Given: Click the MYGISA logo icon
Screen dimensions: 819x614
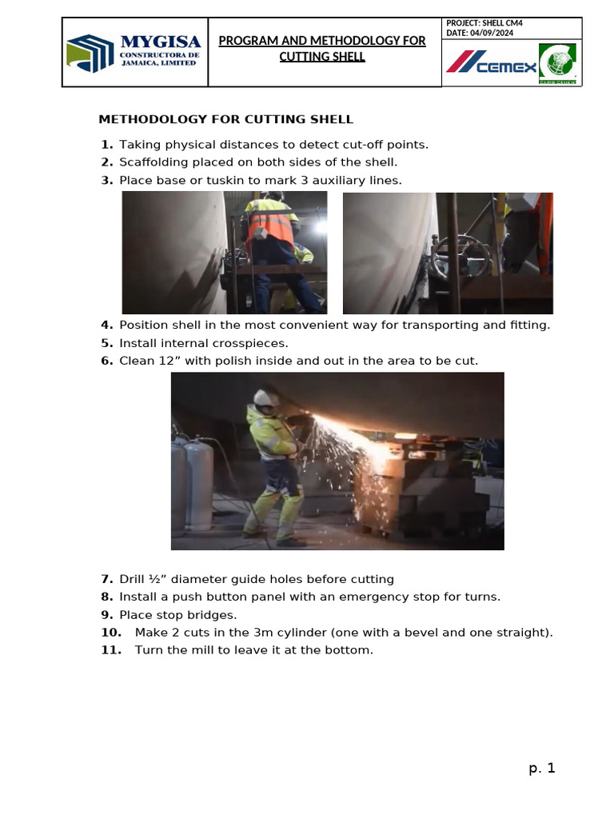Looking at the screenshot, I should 90,53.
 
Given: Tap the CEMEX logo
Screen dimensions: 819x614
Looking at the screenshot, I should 492,62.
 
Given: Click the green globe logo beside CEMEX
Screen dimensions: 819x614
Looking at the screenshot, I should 557,62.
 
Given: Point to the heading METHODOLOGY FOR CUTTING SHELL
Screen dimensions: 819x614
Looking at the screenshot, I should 225,119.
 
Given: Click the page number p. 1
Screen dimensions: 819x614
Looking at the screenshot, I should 541,768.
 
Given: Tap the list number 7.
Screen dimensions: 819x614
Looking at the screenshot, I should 106,579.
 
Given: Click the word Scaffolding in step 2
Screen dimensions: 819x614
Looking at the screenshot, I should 153,162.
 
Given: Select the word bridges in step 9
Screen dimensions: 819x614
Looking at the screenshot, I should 212,615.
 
